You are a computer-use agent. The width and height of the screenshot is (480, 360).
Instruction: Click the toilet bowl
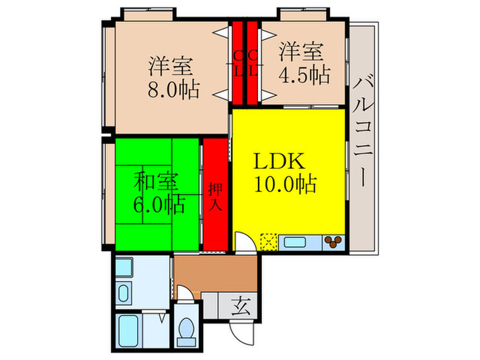tap(186, 328)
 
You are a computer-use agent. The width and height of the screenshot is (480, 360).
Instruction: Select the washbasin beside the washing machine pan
tap(123, 293)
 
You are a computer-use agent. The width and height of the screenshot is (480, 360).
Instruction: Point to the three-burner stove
tap(333, 243)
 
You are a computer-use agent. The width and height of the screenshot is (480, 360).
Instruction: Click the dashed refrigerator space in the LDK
tap(269, 242)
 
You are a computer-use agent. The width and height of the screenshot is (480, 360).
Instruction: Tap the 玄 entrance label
tap(241, 306)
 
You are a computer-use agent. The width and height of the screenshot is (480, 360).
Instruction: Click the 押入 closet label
tap(215, 197)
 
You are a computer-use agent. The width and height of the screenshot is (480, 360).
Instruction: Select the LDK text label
tap(279, 161)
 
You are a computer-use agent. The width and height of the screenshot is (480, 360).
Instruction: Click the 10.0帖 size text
tap(285, 184)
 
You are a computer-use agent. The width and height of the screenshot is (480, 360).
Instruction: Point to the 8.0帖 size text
tap(173, 89)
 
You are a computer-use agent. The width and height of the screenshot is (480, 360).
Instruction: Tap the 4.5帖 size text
tap(304, 75)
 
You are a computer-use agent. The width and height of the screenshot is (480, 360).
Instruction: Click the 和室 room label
tap(156, 181)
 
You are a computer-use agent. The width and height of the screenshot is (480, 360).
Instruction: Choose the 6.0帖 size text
tap(159, 204)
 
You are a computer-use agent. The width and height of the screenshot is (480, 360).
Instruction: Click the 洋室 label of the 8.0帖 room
tap(171, 66)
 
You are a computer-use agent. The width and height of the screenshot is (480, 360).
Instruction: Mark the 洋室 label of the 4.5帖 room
tap(301, 51)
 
